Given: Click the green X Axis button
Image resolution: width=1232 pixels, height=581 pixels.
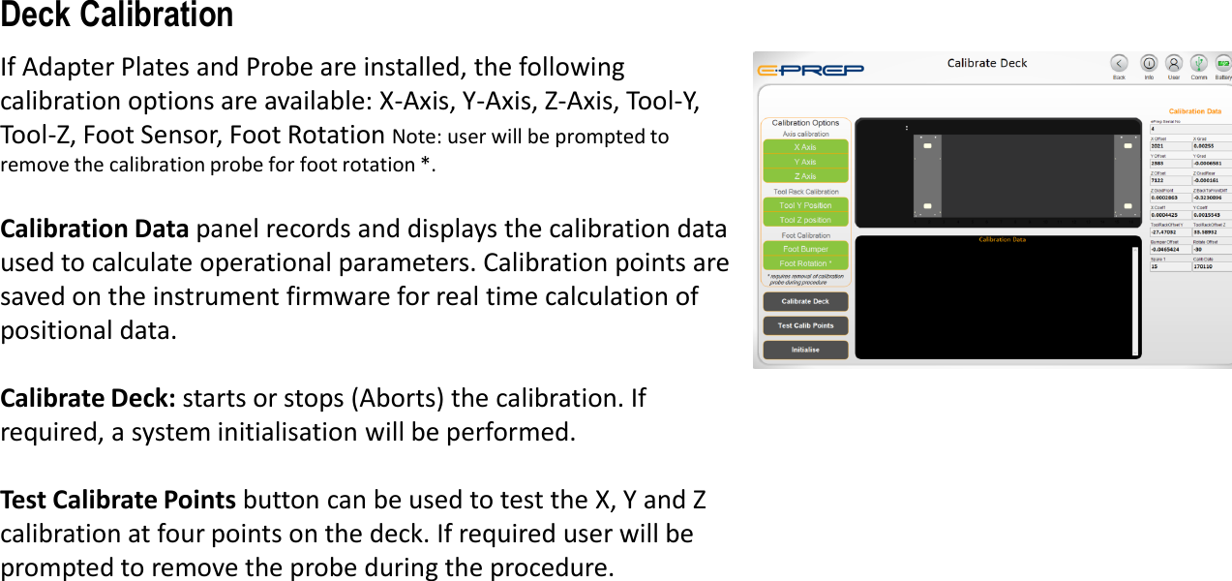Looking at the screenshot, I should (x=805, y=147).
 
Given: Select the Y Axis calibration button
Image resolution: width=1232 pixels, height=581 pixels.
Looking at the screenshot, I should (x=805, y=162).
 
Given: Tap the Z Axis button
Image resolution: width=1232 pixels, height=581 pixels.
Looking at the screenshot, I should (x=805, y=176).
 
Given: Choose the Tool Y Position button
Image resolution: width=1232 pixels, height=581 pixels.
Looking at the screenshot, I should (x=805, y=205).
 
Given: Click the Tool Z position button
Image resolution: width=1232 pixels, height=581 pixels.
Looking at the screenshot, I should (x=805, y=220).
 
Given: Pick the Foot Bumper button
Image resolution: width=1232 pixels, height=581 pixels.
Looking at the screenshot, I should (x=805, y=249).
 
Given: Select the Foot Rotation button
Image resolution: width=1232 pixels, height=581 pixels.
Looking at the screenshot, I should (x=805, y=263).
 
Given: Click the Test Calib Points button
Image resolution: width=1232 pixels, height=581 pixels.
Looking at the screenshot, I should (x=805, y=325).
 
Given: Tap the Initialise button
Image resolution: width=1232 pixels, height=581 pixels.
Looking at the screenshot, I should (x=805, y=350).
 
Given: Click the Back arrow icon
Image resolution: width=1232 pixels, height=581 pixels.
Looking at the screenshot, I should (x=1119, y=63).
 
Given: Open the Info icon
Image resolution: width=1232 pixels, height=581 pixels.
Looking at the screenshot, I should (x=1149, y=63).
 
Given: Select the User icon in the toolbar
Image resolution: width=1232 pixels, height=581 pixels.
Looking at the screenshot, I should (x=1174, y=63).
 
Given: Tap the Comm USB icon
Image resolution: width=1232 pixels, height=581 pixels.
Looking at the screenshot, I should (x=1198, y=63).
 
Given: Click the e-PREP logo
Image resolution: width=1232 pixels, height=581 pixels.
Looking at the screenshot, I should (x=811, y=69).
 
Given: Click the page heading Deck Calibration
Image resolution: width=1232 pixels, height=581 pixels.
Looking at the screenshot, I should (x=117, y=15).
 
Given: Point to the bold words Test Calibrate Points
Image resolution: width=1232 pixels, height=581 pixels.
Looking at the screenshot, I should (x=118, y=500).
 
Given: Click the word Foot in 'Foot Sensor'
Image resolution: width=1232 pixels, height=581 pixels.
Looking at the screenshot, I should (x=108, y=134).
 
